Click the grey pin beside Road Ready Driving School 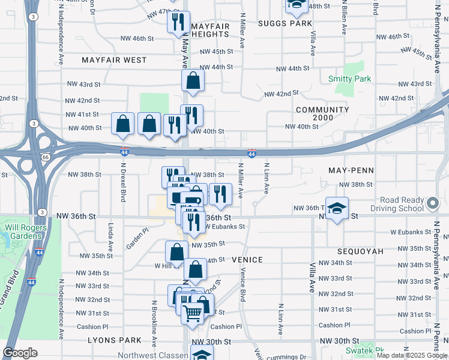pos(432,204)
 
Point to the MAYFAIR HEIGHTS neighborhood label pos(210,30)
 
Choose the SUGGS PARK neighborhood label pos(286,23)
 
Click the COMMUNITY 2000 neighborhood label pos(322,114)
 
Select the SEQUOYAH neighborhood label pos(360,251)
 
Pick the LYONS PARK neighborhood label pos(122,340)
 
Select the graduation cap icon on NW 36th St pos(337,208)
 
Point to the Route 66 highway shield pos(46,157)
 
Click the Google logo pos(20,352)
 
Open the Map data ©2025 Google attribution pos(412,355)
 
